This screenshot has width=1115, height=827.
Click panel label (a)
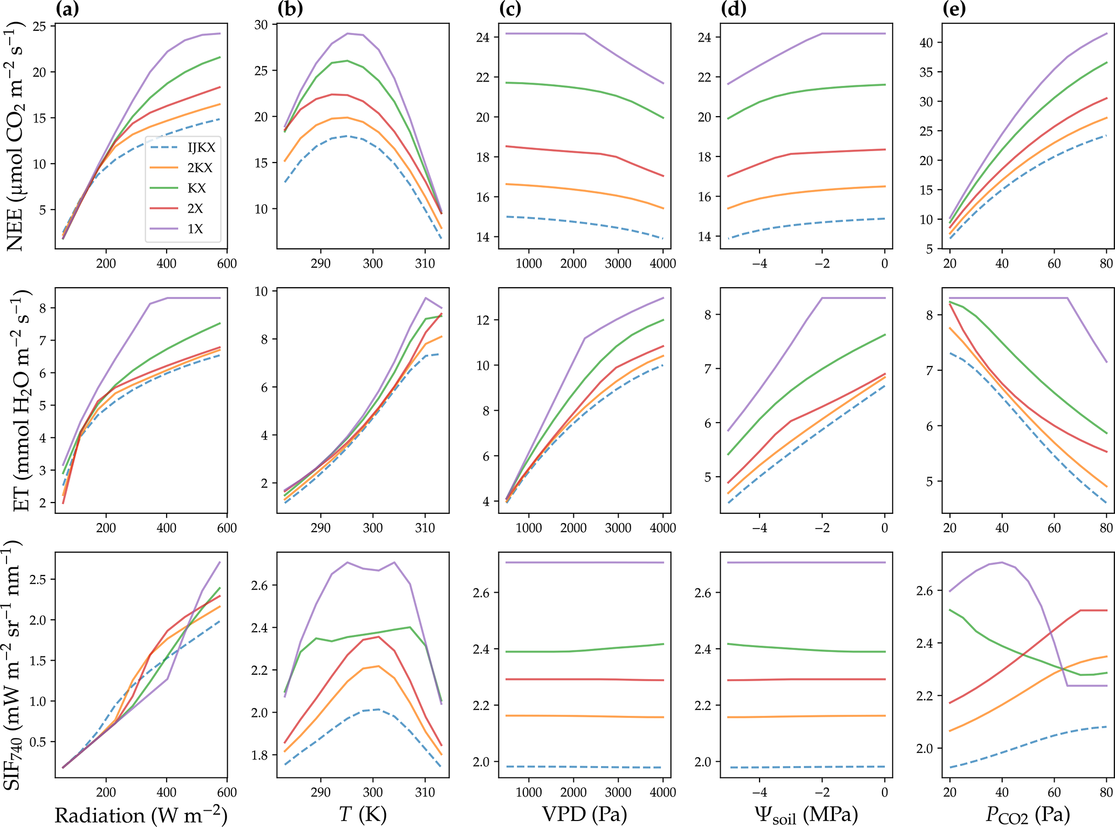click(67, 9)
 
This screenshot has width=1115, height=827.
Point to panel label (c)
click(511, 9)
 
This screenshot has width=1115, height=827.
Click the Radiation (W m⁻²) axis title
click(141, 815)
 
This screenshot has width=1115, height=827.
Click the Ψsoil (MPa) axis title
click(806, 815)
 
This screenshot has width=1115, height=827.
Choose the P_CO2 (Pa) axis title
click(1028, 815)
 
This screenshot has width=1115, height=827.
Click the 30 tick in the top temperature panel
click(261, 25)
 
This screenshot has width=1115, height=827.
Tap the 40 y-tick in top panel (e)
click(926, 43)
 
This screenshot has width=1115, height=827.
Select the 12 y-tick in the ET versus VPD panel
click(483, 320)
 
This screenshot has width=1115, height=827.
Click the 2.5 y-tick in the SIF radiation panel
click(40, 579)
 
